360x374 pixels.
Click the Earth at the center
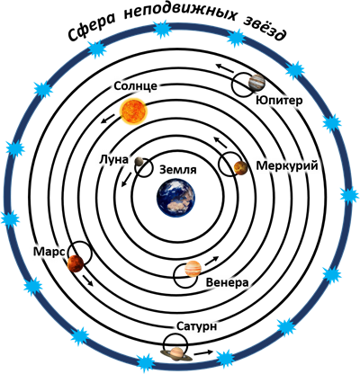pyautogui.click(x=175, y=198)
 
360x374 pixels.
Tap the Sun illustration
pyautogui.click(x=133, y=111)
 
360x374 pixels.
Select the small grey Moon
pyautogui.click(x=139, y=161)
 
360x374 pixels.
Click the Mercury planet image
pyautogui.click(x=240, y=168)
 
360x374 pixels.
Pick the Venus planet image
pyautogui.click(x=193, y=269)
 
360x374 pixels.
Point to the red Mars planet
pyautogui.click(x=76, y=263)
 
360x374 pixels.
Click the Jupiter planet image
pyautogui.click(x=256, y=83)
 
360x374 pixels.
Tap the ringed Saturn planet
pyautogui.click(x=176, y=354)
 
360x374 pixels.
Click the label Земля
pyautogui.click(x=178, y=170)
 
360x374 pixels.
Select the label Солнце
pyautogui.click(x=136, y=86)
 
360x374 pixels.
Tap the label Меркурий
pyautogui.click(x=287, y=165)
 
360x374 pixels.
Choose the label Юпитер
pyautogui.click(x=279, y=101)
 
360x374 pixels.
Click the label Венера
pyautogui.click(x=228, y=282)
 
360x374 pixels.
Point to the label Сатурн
pyautogui.click(x=196, y=326)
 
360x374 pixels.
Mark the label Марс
pyautogui.click(x=49, y=252)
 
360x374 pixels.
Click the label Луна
pyautogui.click(x=113, y=160)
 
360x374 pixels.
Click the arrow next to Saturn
pyautogui.click(x=203, y=352)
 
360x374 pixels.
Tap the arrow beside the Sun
pyautogui.click(x=108, y=119)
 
